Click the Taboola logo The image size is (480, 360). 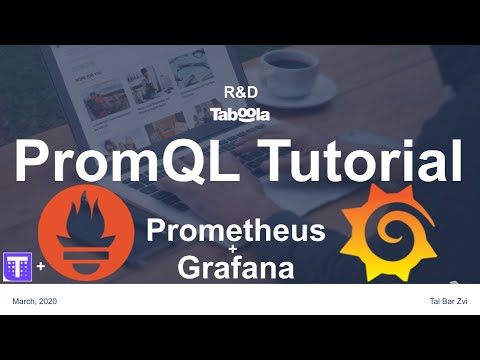239,114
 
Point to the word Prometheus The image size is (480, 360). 236,231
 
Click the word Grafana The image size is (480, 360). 236,267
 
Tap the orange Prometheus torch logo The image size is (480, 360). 84,240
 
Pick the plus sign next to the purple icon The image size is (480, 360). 41,267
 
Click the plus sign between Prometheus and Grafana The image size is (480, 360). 236,250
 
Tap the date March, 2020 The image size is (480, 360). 34,301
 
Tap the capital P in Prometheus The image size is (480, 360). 157,231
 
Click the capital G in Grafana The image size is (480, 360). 191,267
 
